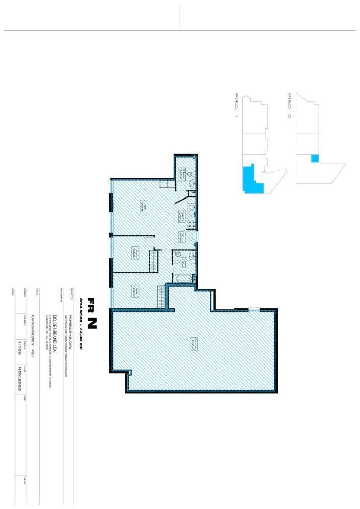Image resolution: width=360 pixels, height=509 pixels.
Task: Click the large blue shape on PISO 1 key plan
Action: click(x=250, y=180)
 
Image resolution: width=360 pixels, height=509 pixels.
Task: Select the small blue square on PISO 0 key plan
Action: click(x=314, y=158)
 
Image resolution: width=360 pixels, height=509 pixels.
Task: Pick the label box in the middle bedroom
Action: click(x=134, y=252)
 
